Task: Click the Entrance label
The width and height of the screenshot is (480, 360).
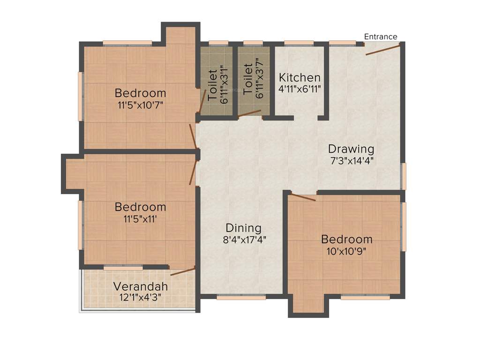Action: coord(381,37)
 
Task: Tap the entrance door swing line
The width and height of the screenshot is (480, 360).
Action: coord(382,50)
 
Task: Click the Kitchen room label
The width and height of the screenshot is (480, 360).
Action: coord(300,77)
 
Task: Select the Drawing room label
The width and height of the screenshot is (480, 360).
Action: coord(351,149)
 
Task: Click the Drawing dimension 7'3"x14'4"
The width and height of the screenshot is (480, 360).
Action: coord(352,160)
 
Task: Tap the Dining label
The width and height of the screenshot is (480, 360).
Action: coord(243,228)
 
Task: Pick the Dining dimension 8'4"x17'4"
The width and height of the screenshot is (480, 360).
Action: coord(243,239)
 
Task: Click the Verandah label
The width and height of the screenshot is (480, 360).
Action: coord(140,286)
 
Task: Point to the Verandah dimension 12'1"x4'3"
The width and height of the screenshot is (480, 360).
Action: coord(140,297)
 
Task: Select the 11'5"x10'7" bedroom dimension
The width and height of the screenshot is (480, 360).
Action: coord(140,104)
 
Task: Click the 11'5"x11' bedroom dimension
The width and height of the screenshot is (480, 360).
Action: coord(140,217)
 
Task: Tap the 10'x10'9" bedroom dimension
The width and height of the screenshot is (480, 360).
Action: coord(346,250)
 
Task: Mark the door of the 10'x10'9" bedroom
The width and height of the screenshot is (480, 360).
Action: coord(302,196)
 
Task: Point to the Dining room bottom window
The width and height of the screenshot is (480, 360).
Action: coord(241,297)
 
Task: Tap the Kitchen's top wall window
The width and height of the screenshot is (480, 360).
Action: coord(299,44)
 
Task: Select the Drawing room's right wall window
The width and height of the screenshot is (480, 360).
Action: coord(403,176)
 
